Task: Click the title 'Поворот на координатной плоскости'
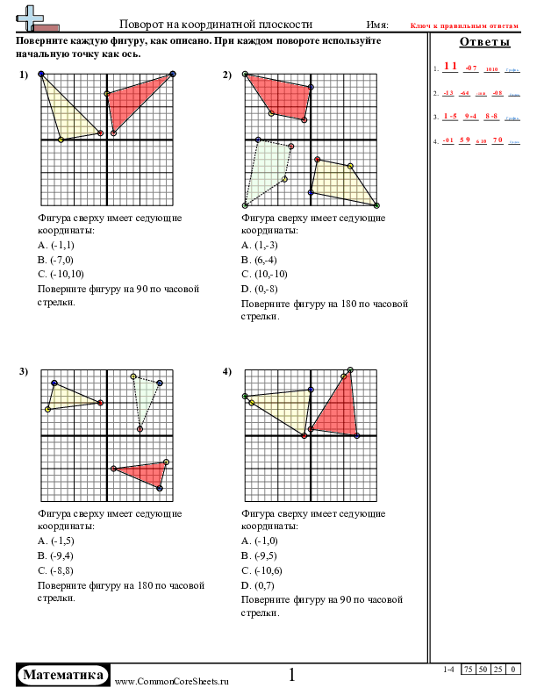point(215,25)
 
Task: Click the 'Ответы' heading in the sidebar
point(483,43)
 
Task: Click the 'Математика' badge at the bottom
point(63,675)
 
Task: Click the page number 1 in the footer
point(292,675)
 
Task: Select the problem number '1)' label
point(25,75)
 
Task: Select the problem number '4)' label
point(227,372)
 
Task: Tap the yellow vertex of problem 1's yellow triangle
point(61,140)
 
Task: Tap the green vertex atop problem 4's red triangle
point(350,370)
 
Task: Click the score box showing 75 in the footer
point(471,670)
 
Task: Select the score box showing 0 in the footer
point(513,670)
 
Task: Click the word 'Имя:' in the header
point(377,25)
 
